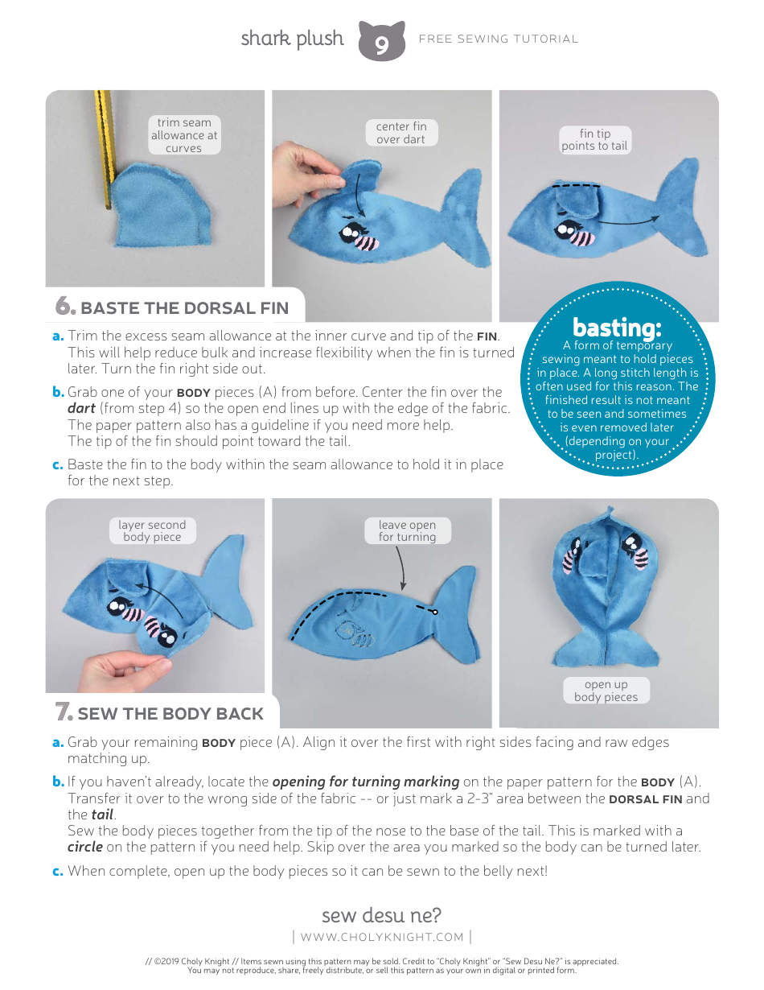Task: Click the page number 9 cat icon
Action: pos(381,42)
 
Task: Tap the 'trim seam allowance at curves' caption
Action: pos(184,135)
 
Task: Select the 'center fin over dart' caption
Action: pos(401,133)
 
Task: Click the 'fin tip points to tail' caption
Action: pos(595,140)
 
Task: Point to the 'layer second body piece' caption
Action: pos(152,531)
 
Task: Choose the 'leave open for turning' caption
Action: pos(407,531)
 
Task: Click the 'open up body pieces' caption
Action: pos(606,691)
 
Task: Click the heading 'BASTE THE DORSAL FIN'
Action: pos(184,308)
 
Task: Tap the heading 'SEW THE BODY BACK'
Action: pos(170,714)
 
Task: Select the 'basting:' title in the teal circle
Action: pos(617,328)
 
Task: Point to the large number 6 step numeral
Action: pos(64,307)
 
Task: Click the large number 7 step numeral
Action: pos(64,712)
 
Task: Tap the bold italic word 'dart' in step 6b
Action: pos(81,408)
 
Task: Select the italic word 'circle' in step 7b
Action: pos(84,847)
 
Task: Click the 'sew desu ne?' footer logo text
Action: pos(381,915)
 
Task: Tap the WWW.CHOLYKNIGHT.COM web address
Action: pos(382,937)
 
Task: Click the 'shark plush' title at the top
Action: pos(292,39)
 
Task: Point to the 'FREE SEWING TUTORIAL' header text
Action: pos(499,39)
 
